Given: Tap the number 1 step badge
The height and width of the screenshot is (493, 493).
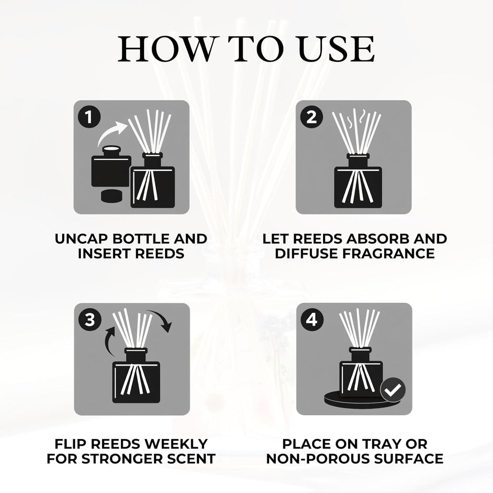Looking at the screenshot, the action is (x=89, y=117).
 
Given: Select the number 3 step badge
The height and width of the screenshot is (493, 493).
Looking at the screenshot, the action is (x=90, y=320).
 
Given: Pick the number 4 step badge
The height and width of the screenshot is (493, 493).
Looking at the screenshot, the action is (x=312, y=320).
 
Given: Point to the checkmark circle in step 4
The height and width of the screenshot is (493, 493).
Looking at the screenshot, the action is (x=393, y=390).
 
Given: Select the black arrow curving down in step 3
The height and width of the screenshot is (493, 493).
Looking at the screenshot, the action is (x=161, y=319).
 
